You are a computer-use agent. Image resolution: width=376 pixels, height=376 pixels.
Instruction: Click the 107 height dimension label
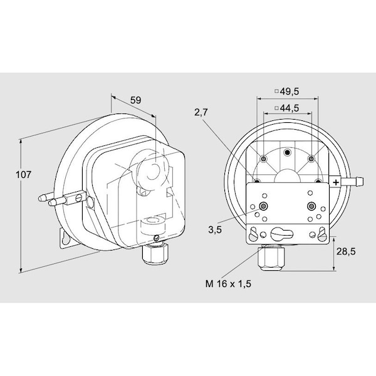click(x=24, y=175)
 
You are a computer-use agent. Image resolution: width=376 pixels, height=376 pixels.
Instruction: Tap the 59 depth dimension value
click(x=136, y=100)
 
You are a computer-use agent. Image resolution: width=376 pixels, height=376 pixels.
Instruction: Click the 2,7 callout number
click(x=201, y=112)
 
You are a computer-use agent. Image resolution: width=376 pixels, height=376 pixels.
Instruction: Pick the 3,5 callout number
click(x=215, y=230)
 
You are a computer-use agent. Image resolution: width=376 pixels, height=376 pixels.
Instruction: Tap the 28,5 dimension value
click(x=346, y=251)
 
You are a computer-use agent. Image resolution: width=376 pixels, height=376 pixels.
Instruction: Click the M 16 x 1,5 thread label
click(x=228, y=284)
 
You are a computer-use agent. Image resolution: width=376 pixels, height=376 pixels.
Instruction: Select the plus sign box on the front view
click(x=336, y=182)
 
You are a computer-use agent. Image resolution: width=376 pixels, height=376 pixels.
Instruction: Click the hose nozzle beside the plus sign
click(x=352, y=182)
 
